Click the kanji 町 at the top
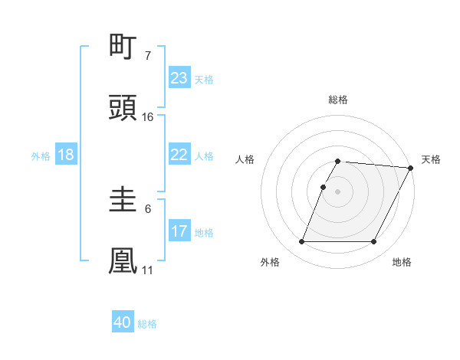[123, 47]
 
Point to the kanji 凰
[123, 260]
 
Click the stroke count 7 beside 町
[147, 56]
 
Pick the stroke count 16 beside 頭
[148, 116]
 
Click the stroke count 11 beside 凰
[147, 270]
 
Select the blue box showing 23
[179, 77]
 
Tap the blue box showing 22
[179, 155]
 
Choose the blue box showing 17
[179, 231]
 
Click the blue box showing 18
[66, 155]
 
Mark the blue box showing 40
[123, 322]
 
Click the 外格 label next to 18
[41, 156]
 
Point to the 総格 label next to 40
[147, 324]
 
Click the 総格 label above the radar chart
[338, 100]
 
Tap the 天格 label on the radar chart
[431, 159]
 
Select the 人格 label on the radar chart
[246, 159]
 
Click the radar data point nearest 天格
[411, 168]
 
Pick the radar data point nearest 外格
[302, 242]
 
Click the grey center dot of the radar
[338, 191]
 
